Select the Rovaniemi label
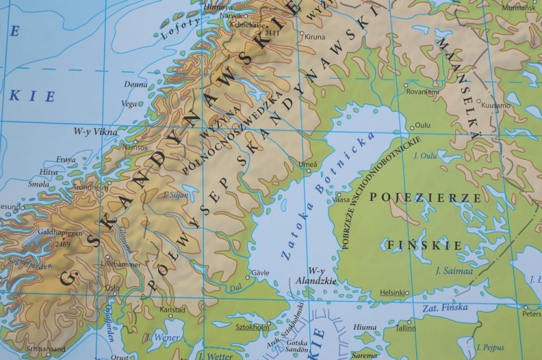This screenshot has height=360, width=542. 422,92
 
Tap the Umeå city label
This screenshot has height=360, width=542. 307,164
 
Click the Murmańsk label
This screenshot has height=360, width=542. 522,7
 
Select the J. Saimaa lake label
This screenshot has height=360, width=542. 453,272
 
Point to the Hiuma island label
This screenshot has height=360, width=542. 366,327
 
